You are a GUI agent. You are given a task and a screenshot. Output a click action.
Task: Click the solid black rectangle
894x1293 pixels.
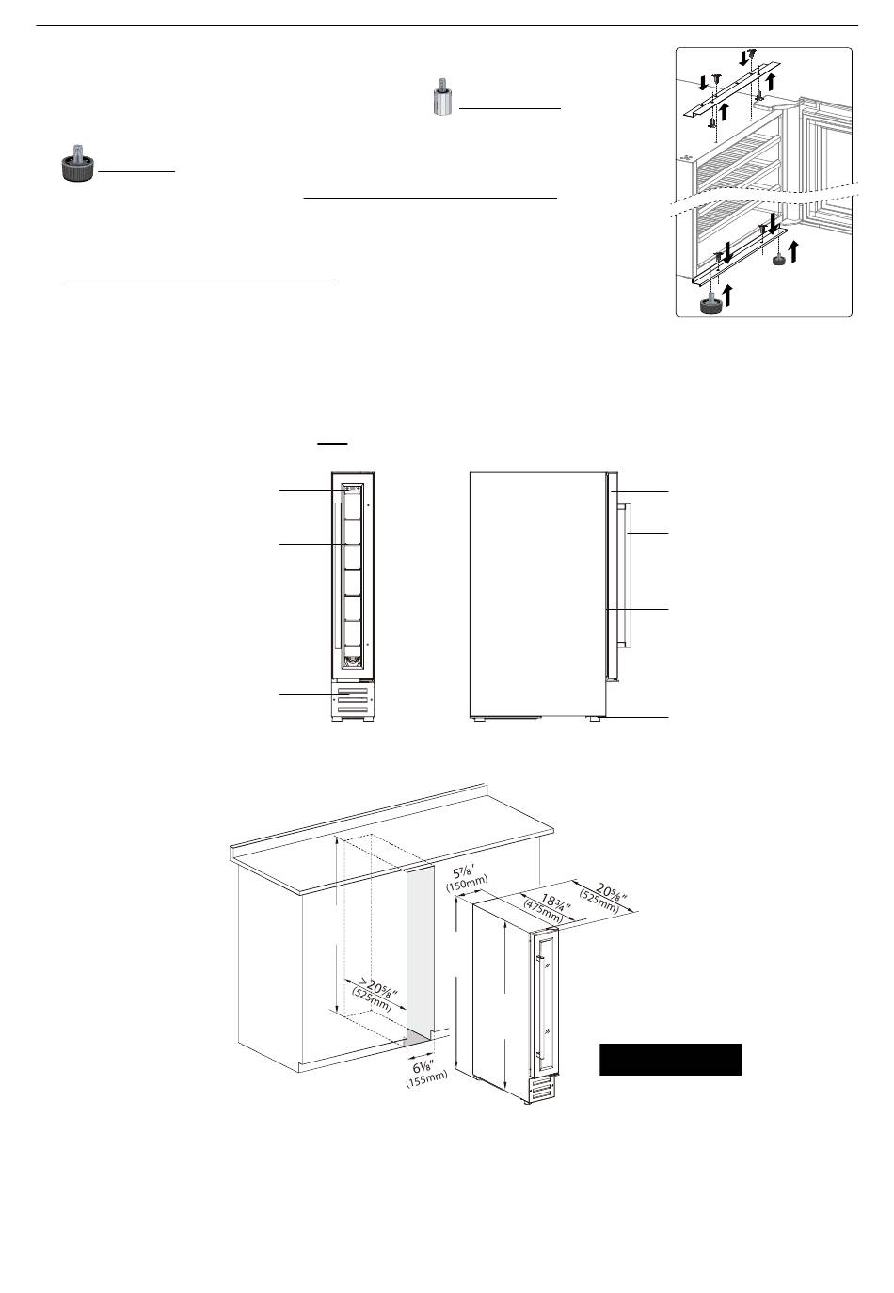pyautogui.click(x=670, y=1059)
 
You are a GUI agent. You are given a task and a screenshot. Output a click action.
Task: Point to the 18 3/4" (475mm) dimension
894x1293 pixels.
pyautogui.click(x=546, y=905)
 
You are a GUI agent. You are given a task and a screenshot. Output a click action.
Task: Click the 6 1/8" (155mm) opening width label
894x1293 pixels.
pyautogui.click(x=426, y=1072)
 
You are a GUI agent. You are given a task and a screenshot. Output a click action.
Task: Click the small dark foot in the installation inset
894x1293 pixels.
pyautogui.click(x=779, y=259)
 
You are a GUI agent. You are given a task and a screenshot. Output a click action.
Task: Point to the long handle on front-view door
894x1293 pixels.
pyautogui.click(x=335, y=574)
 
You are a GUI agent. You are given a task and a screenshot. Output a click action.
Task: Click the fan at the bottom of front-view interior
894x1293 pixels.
pyautogui.click(x=351, y=662)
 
